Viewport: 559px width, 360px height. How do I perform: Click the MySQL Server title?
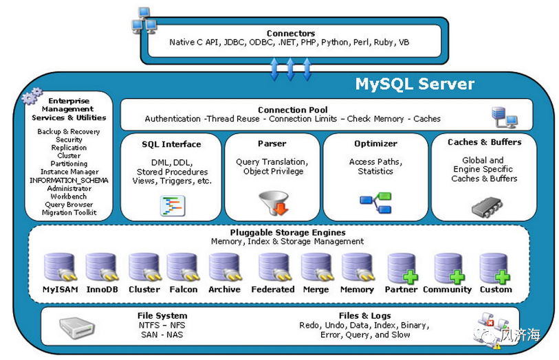pyautogui.click(x=415, y=84)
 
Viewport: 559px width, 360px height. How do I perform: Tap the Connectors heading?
pyautogui.click(x=291, y=34)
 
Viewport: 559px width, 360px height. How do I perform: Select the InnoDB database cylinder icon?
pyautogui.click(x=102, y=267)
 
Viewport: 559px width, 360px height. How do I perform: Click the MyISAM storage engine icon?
pyautogui.click(x=60, y=267)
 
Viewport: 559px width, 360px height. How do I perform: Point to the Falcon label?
pyautogui.click(x=184, y=289)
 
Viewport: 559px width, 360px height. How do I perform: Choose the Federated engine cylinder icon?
pyautogui.click(x=274, y=267)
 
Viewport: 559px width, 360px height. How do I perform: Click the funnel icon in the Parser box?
pyautogui.click(x=274, y=203)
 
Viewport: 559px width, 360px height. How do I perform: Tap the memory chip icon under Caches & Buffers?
pyautogui.click(x=487, y=207)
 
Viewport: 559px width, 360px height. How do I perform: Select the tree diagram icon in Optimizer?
pyautogui.click(x=375, y=203)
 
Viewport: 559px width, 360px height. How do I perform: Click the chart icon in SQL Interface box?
pyautogui.click(x=173, y=206)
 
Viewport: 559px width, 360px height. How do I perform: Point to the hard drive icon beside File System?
pyautogui.click(x=76, y=327)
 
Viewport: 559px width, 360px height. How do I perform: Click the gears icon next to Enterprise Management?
pyautogui.click(x=32, y=95)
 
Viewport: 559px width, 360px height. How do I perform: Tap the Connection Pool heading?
pyautogui.click(x=293, y=110)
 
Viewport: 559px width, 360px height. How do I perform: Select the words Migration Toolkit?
pyautogui.click(x=69, y=212)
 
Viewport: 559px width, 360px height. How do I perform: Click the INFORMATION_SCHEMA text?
pyautogui.click(x=69, y=181)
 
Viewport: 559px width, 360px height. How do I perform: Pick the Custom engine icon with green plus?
pyautogui.click(x=495, y=268)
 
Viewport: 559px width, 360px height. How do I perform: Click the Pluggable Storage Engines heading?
pyautogui.click(x=287, y=232)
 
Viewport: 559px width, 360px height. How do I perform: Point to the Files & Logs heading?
pyautogui.click(x=364, y=316)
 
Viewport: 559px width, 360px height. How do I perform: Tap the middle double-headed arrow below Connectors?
pyautogui.click(x=290, y=69)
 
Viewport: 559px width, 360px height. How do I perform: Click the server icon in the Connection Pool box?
pyautogui.click(x=504, y=117)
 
